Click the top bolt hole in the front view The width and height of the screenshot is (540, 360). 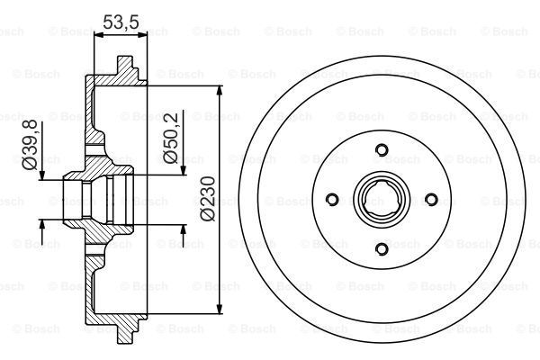[x=381, y=150]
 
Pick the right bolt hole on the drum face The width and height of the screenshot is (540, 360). [x=430, y=200]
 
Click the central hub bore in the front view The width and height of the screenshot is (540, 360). [x=381, y=200]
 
